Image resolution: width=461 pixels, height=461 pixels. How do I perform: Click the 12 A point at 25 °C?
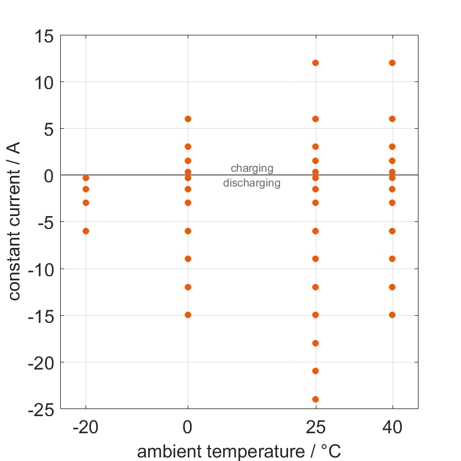pos(315,63)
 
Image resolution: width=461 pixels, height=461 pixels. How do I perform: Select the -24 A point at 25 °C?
pos(315,399)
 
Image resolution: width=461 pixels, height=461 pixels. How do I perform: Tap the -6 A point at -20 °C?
pos(86,231)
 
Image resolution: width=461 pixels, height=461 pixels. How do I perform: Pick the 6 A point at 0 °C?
pos(188,119)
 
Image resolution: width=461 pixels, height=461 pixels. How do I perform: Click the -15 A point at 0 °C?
pos(188,315)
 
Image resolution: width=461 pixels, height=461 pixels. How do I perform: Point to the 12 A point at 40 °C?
pos(392,63)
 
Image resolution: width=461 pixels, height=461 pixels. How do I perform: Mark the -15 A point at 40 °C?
pos(392,315)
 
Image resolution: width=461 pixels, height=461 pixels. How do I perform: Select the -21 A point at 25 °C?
pos(315,371)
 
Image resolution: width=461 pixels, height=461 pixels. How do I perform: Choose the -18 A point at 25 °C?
pos(315,343)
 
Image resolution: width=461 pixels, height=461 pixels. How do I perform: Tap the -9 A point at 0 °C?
pos(188,259)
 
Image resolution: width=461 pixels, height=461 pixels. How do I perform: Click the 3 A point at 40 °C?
pos(392,146)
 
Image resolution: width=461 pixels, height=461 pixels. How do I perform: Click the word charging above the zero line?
pos(251,169)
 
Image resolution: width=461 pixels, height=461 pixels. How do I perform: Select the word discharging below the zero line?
pos(251,183)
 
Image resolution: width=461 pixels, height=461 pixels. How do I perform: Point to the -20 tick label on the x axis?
pos(86,427)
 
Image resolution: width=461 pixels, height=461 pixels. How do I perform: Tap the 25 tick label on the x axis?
pos(315,427)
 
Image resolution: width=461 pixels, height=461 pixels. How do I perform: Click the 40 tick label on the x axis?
pos(392,427)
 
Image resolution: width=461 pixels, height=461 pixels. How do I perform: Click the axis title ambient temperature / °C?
pos(238,452)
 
